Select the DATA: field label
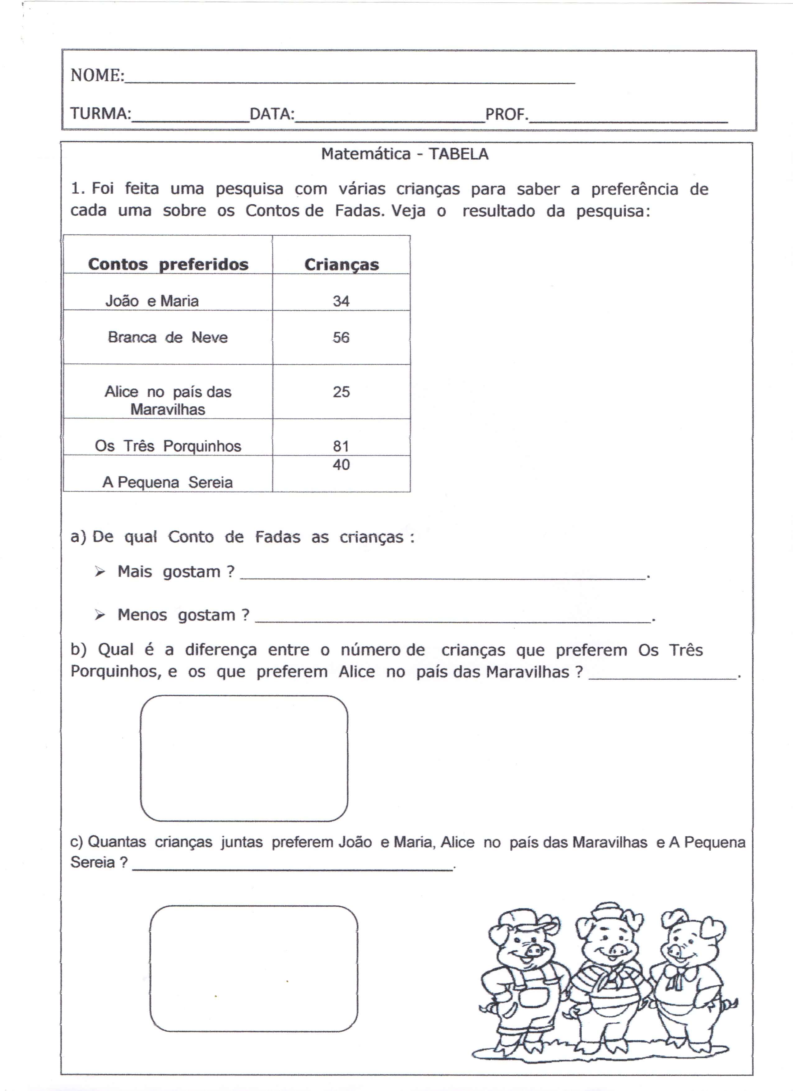click(272, 114)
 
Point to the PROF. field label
click(507, 114)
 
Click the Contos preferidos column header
click(168, 264)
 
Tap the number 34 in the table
click(341, 301)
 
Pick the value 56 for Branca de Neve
click(341, 337)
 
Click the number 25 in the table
click(341, 391)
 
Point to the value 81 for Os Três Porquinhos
click(341, 446)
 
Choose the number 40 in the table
click(341, 465)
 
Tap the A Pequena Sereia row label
click(167, 482)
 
